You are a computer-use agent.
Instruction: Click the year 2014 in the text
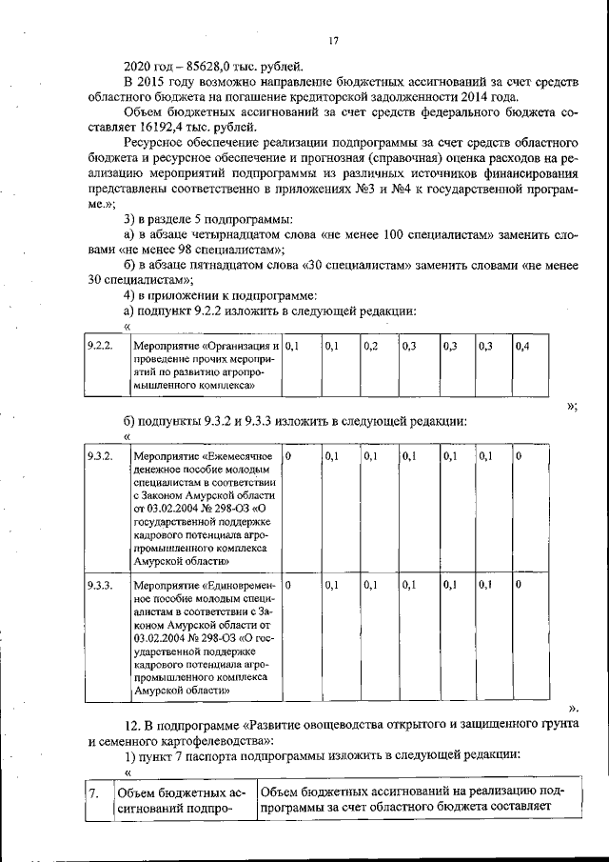pyautogui.click(x=496, y=96)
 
